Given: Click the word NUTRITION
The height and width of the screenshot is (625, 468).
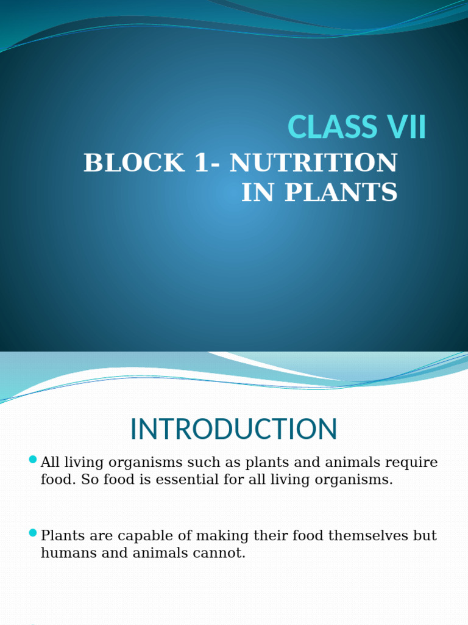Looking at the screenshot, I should (314, 164).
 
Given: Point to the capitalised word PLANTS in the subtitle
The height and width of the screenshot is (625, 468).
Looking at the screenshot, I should (336, 193).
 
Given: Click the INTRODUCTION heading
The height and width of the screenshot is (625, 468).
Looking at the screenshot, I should (233, 430).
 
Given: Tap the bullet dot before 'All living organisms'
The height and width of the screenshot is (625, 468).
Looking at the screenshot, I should (33, 459).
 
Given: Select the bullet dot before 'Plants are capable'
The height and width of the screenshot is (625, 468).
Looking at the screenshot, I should (33, 533).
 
